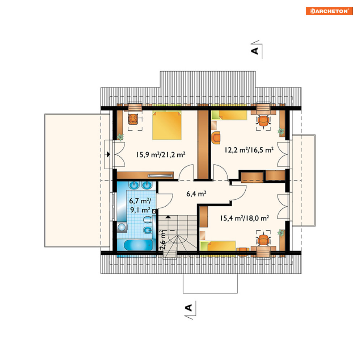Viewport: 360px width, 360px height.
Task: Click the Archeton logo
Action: (329, 11)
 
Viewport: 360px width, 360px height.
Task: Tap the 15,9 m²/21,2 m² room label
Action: (161, 154)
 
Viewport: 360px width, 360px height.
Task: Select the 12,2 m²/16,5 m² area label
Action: (249, 150)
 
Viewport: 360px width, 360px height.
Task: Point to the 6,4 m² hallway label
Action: (196, 194)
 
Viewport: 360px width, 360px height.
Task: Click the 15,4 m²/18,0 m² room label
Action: (245, 218)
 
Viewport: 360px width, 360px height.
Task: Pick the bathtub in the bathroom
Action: (138, 245)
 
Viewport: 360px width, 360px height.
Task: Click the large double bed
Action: (167, 125)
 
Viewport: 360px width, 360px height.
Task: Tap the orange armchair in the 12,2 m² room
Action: (216, 137)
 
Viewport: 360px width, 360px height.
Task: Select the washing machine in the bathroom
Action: (122, 227)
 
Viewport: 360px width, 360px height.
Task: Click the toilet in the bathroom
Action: (148, 220)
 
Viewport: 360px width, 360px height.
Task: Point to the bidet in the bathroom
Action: (148, 230)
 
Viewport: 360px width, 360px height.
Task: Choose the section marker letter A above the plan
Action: (255, 51)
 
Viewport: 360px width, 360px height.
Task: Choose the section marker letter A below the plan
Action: (189, 308)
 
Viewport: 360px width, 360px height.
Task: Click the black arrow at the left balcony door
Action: (109, 154)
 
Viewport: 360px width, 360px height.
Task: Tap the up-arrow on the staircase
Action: (168, 216)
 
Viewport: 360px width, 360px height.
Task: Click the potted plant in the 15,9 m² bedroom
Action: (120, 137)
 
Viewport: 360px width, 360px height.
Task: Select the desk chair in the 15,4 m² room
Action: (263, 240)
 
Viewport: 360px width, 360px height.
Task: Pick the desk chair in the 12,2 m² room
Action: (263, 121)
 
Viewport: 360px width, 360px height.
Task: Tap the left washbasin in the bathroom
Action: (134, 185)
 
